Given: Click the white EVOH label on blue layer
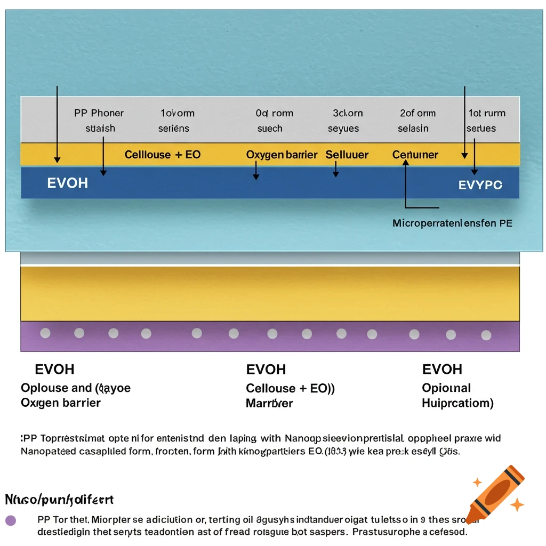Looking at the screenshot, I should [68, 183].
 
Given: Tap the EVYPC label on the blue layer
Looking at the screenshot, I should [480, 185].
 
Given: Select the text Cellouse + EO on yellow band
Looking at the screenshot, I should [163, 155].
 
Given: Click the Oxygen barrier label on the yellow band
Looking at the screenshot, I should [282, 155].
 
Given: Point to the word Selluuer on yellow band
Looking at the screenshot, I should [347, 155].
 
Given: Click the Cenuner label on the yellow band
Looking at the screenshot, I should [415, 155].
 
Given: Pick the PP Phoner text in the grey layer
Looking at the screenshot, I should [99, 113].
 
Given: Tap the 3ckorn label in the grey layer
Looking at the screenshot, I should [348, 113].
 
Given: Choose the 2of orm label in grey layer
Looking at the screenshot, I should [417, 113].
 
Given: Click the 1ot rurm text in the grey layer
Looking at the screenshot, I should [487, 113].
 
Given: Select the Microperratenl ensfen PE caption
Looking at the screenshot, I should [452, 223].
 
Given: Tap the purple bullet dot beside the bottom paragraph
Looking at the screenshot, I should [10, 520].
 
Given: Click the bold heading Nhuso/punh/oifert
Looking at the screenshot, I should [59, 500].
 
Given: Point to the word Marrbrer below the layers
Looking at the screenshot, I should [269, 403].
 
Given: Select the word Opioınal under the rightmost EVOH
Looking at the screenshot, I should [446, 388].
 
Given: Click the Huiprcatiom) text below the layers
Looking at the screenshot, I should [457, 403].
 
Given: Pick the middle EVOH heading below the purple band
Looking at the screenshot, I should [266, 370].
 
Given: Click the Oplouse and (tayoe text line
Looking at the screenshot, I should [76, 388].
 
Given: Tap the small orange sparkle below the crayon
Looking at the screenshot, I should [517, 504].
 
